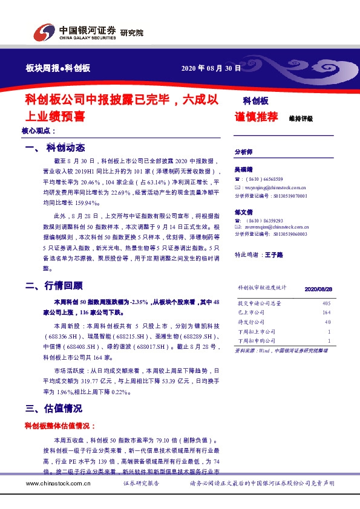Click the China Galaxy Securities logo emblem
[x=44, y=32]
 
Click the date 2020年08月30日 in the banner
[x=211, y=68]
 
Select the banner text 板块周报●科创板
[x=58, y=68]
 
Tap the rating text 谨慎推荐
[x=256, y=117]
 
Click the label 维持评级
[x=301, y=118]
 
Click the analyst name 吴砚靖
[x=244, y=170]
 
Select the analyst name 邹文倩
[x=244, y=212]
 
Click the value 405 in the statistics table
[x=326, y=302]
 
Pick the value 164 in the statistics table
[x=326, y=312]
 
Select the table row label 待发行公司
[x=251, y=322]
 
